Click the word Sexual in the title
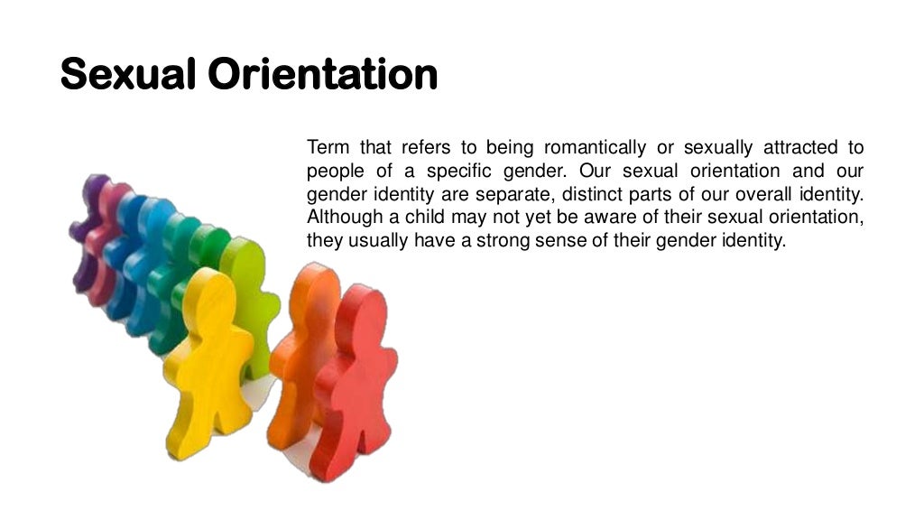click(x=128, y=74)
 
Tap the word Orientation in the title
click(x=323, y=74)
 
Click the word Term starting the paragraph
click(x=327, y=147)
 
